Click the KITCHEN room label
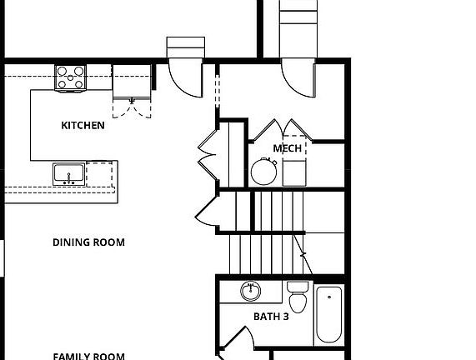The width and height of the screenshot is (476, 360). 83,126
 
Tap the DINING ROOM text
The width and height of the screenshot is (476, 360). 88,242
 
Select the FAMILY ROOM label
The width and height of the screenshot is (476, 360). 88,356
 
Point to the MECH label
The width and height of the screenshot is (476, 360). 288,148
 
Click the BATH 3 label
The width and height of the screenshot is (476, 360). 271,317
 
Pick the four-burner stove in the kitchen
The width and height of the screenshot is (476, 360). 70,78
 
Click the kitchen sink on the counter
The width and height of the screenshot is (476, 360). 68,174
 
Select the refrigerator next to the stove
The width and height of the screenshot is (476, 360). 131,81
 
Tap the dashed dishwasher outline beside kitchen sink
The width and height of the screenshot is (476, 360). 99,174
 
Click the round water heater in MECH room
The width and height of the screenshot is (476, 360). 264,172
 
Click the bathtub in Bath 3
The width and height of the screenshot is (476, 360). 328,314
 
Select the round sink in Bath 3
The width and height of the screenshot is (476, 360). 251,292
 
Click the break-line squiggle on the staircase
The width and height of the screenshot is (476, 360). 303,253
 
